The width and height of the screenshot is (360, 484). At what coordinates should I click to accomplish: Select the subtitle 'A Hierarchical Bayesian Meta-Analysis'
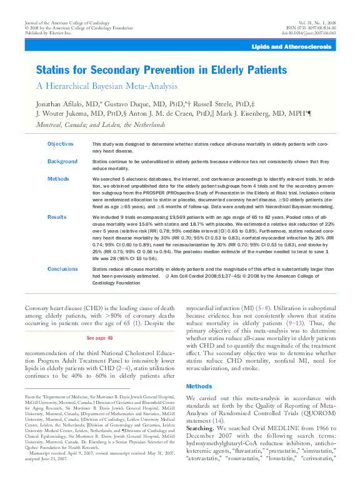click(107, 86)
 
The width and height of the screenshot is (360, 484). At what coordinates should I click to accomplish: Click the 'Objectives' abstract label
click(61, 144)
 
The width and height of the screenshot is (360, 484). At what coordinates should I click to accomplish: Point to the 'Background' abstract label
click(62, 161)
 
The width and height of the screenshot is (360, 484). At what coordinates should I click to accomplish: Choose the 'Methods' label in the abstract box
click(58, 179)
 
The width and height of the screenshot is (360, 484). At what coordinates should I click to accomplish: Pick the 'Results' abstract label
click(57, 216)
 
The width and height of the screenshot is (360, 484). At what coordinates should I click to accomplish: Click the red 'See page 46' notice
click(99, 338)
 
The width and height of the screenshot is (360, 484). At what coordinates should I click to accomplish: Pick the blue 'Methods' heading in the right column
click(199, 386)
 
